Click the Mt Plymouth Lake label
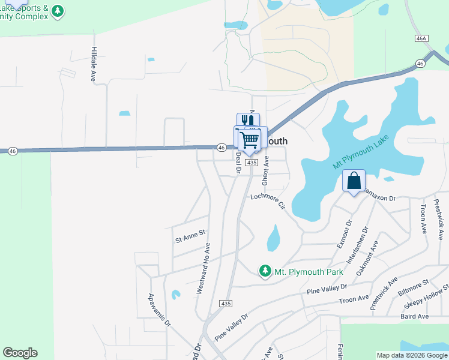[x=361, y=152]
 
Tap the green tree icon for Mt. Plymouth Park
[x=265, y=272]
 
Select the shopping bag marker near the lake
[x=354, y=180]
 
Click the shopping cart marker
[x=250, y=140]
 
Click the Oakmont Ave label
[x=367, y=257]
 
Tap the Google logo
[x=20, y=353]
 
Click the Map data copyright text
[x=411, y=355]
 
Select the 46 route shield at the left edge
[x=13, y=151]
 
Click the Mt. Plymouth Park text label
[x=309, y=272]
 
